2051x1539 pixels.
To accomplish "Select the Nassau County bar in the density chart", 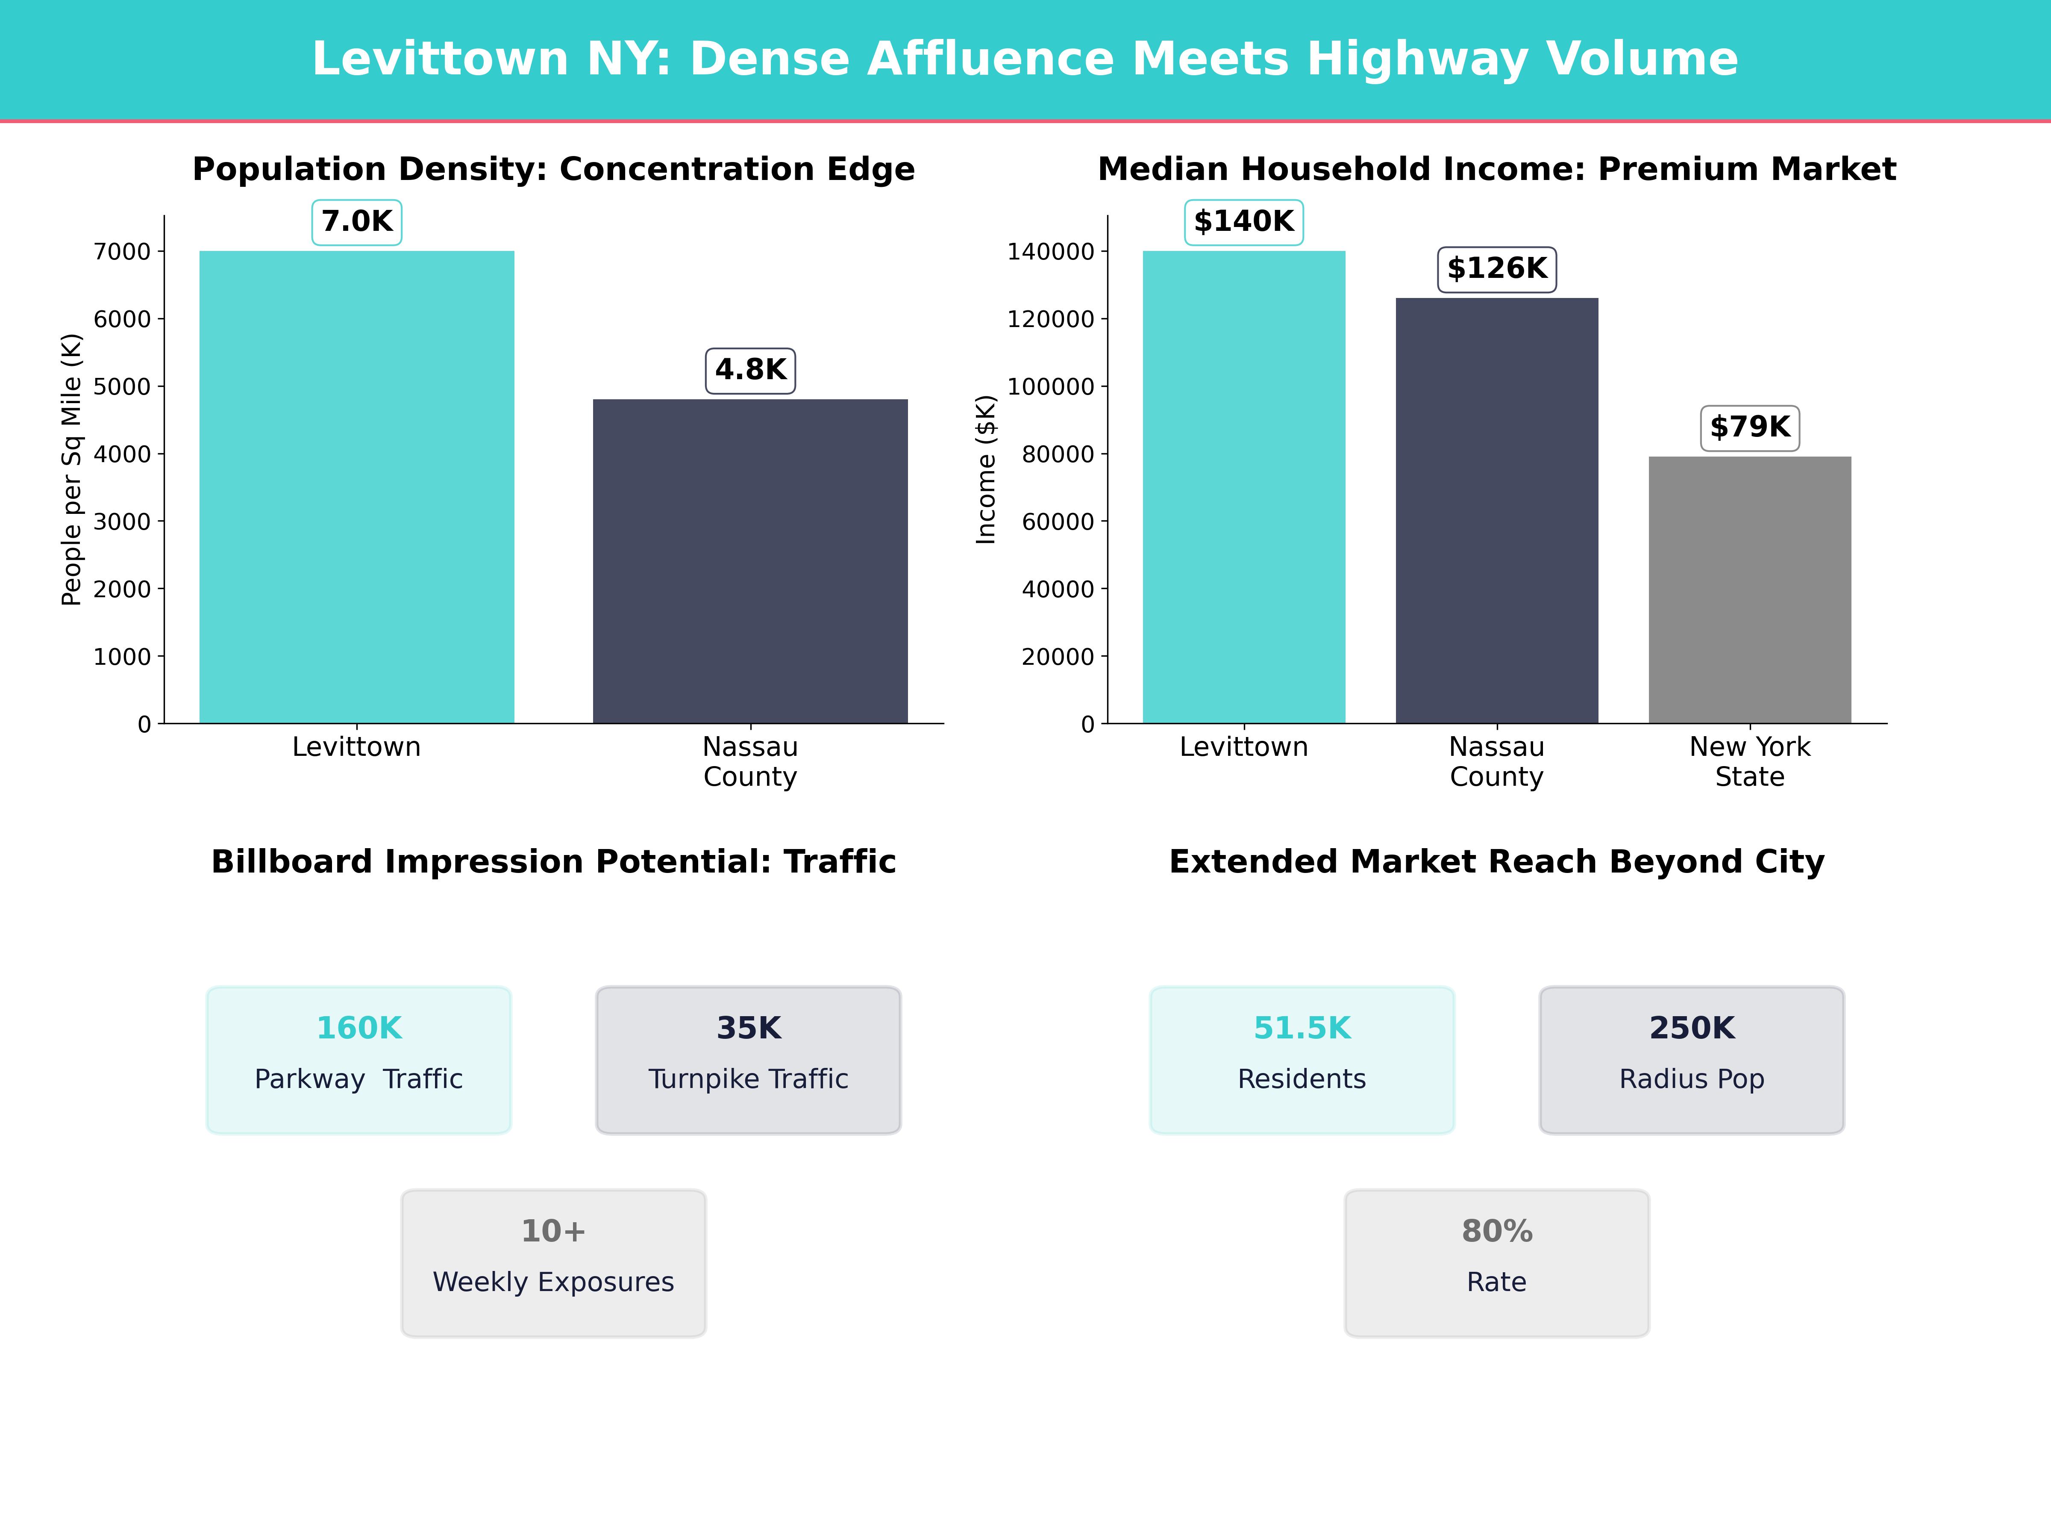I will [x=750, y=561].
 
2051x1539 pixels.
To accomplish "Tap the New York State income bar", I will [x=1750, y=590].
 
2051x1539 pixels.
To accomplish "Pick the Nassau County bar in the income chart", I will [x=1496, y=510].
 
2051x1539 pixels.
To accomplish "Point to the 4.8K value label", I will [x=750, y=370].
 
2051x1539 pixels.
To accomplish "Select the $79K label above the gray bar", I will [x=1750, y=427].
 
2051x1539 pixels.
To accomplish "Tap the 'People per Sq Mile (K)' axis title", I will [x=71, y=469].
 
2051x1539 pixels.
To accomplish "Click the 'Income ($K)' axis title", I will [x=986, y=469].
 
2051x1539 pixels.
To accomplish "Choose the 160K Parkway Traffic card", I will [x=359, y=1059].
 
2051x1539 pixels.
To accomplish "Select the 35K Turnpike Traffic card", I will [x=748, y=1059].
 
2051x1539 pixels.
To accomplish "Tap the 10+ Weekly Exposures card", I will [x=553, y=1262].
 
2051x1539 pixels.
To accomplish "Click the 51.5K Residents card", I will [x=1302, y=1059].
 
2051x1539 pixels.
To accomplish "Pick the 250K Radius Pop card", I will [x=1691, y=1059].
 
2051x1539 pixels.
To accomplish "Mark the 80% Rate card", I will [x=1496, y=1262].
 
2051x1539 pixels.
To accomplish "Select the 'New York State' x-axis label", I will [x=1750, y=762].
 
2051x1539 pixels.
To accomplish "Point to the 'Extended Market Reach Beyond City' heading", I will [x=1496, y=862].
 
